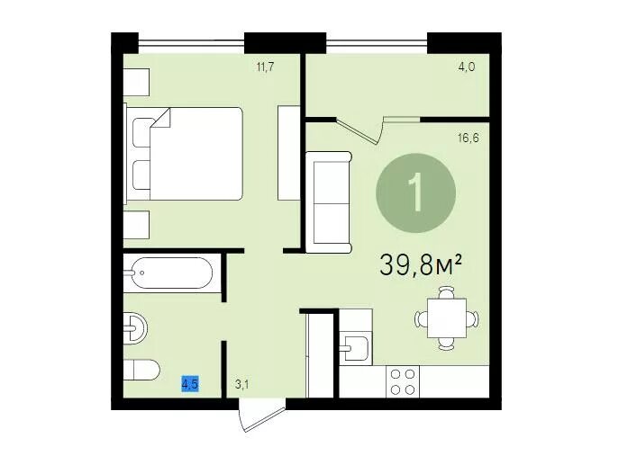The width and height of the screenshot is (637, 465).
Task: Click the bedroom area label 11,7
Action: click(x=265, y=67)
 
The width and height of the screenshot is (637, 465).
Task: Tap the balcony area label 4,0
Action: click(x=467, y=67)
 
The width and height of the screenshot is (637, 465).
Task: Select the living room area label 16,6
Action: click(x=468, y=139)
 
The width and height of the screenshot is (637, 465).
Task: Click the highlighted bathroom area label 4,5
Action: click(x=190, y=383)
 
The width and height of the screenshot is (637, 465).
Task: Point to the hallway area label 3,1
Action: click(x=241, y=384)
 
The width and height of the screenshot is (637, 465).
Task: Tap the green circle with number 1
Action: click(x=415, y=193)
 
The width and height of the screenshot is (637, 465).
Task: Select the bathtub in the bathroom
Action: click(x=168, y=273)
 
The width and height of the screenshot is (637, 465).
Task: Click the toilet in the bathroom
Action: click(x=141, y=370)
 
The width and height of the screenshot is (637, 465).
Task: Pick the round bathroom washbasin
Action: click(x=135, y=328)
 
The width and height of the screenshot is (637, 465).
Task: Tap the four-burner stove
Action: click(x=402, y=381)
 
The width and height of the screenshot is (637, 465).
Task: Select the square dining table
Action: click(x=447, y=318)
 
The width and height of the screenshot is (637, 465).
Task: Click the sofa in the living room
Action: click(x=328, y=202)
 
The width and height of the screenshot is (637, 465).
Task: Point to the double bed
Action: click(x=185, y=154)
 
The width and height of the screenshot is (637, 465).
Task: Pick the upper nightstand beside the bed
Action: click(x=137, y=83)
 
